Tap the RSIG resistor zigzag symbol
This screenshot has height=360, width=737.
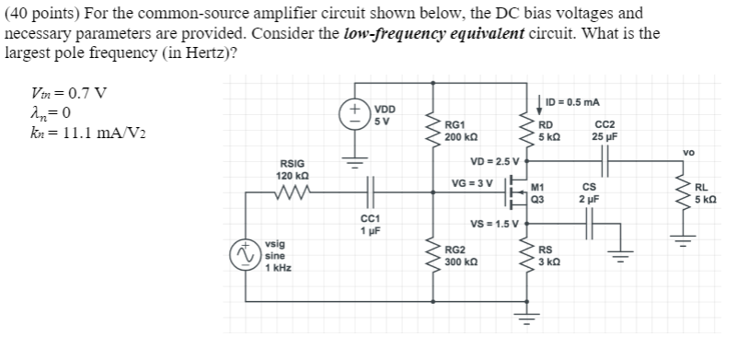click(x=294, y=194)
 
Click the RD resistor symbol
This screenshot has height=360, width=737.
click(x=528, y=131)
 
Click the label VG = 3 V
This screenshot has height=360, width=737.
click(x=474, y=182)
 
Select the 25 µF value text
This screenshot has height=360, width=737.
click(x=605, y=137)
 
